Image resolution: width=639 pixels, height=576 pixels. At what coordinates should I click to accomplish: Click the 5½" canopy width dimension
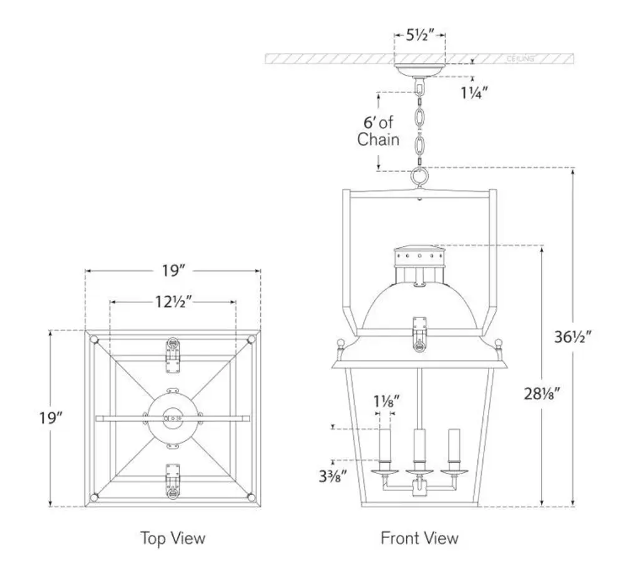pos(419,36)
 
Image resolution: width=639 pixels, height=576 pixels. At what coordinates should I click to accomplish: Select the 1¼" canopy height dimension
pos(474,93)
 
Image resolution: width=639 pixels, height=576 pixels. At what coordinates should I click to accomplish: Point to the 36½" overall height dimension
pos(572,337)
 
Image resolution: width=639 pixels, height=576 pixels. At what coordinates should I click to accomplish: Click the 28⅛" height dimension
pos(540,393)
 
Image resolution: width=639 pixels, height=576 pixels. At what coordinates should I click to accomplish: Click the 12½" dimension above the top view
pos(172,302)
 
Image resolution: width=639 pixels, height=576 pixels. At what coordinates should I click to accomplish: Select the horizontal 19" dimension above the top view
pos(172,271)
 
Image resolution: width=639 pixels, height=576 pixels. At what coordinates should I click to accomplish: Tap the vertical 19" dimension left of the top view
pos(49,417)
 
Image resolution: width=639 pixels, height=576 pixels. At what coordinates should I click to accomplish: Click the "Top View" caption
pos(172,537)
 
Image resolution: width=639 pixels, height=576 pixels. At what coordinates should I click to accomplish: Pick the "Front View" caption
pos(419,537)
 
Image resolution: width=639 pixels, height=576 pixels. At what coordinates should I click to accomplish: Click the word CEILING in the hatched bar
pos(520,59)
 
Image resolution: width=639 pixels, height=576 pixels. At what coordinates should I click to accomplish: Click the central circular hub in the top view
pos(172,417)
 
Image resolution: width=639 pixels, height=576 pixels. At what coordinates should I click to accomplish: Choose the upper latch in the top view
pos(172,354)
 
